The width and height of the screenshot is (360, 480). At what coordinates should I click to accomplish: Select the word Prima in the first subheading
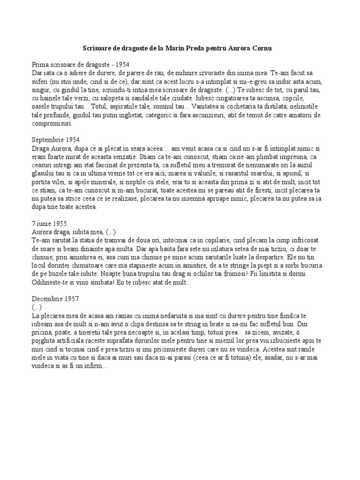[41, 64]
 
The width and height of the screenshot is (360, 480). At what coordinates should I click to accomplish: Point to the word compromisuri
[52, 124]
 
